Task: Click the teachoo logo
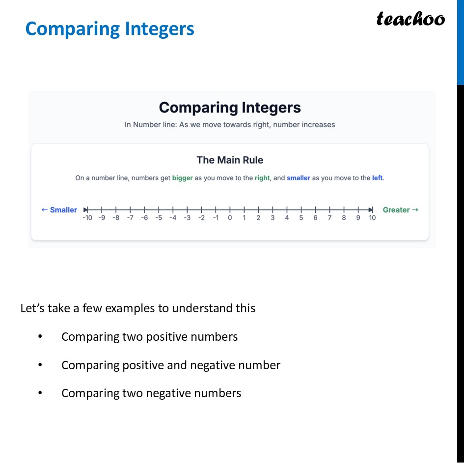410,19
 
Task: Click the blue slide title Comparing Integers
109,29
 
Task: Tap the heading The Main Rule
230,160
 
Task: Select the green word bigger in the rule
182,178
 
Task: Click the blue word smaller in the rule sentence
299,178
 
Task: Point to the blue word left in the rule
377,178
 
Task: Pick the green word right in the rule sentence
262,178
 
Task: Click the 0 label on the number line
230,218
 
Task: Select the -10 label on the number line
87,218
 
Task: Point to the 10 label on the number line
372,218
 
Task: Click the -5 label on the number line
159,218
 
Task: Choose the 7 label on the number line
329,218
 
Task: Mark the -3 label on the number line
187,218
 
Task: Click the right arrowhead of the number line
371,210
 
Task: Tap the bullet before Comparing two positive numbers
40,337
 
